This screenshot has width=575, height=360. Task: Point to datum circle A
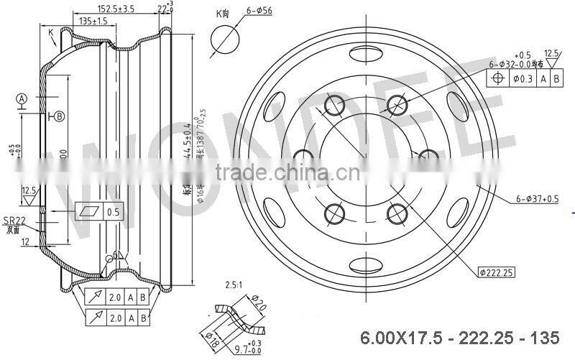pos(22,98)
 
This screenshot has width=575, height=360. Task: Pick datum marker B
pos(59,116)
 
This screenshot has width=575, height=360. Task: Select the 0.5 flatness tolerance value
pos(113,213)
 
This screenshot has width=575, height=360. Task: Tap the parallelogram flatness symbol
pos(89,213)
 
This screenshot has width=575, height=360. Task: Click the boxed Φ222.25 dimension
pos(497,272)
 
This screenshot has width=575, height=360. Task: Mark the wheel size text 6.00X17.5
pos(393,336)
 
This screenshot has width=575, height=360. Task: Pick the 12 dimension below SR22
pos(27,243)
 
